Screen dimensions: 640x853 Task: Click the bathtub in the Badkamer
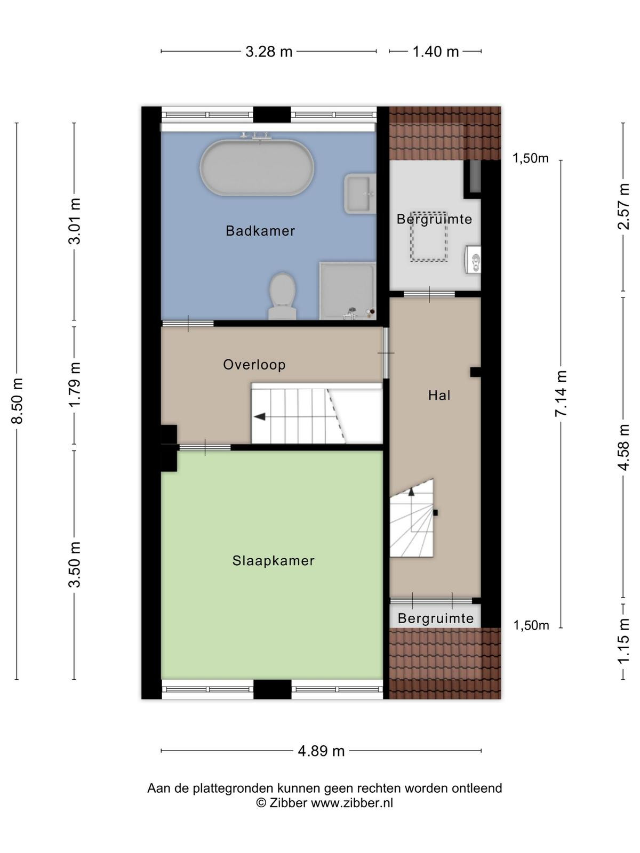[x=257, y=167]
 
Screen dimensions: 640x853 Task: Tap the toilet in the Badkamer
[x=282, y=296]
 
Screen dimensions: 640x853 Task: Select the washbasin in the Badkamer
[x=359, y=194]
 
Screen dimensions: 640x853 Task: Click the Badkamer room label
[x=260, y=231]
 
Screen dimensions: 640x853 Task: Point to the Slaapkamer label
[x=273, y=560]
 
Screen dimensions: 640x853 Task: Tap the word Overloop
[x=254, y=365]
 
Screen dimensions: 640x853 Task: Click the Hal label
[x=439, y=395]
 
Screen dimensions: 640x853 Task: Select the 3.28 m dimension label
[x=268, y=51]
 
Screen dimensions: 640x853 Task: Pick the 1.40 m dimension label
[x=435, y=51]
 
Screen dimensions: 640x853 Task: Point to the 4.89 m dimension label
[x=321, y=751]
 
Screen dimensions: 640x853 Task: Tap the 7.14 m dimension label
[x=561, y=393]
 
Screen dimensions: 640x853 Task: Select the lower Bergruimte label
[x=436, y=618]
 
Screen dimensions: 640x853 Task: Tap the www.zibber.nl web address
[x=351, y=802]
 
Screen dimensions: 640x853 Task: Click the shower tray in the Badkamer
[x=347, y=291]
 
